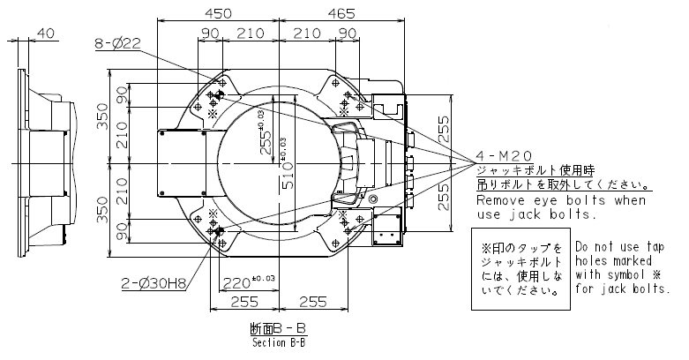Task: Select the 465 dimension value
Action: (340, 12)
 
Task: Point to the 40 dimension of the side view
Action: (46, 34)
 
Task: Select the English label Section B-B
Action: (278, 344)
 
